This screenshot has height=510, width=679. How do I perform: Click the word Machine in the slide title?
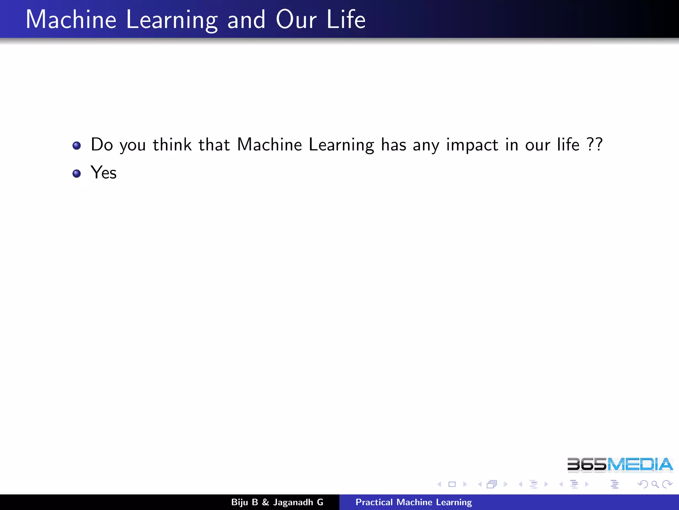point(71,20)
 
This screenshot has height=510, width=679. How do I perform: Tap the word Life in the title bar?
point(346,20)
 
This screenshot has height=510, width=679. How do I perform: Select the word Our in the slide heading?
point(296,20)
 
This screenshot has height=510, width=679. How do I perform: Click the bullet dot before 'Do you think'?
point(77,145)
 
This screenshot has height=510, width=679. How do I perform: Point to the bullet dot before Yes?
point(77,173)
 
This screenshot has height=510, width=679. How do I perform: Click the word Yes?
point(103,173)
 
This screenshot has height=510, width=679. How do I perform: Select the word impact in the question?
point(472,145)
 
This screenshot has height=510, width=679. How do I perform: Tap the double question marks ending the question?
point(594,144)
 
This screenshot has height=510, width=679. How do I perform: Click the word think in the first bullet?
point(172,145)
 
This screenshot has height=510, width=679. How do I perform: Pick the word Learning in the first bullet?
point(341,145)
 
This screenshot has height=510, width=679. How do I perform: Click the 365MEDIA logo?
point(620,465)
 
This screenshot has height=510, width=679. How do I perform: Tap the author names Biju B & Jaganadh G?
point(277,502)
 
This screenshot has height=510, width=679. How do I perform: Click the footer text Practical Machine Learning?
point(413,502)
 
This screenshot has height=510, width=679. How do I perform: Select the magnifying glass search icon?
point(655,484)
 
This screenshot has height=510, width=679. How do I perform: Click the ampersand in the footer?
point(266,502)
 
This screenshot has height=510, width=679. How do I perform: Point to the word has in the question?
point(394,145)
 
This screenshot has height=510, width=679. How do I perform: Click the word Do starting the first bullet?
point(102,145)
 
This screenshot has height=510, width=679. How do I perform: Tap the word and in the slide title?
point(246,20)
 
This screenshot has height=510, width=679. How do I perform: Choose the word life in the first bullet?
point(568,145)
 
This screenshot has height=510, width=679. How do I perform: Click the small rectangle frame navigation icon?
point(452,484)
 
